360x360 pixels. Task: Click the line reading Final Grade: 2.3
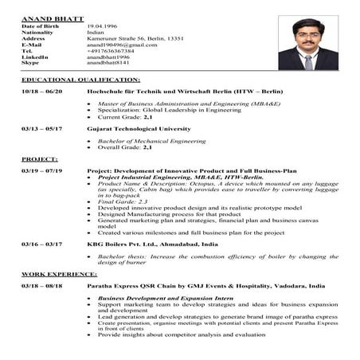123,202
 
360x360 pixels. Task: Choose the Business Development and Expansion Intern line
156,297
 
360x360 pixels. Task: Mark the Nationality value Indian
96,33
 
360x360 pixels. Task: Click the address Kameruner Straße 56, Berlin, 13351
135,38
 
